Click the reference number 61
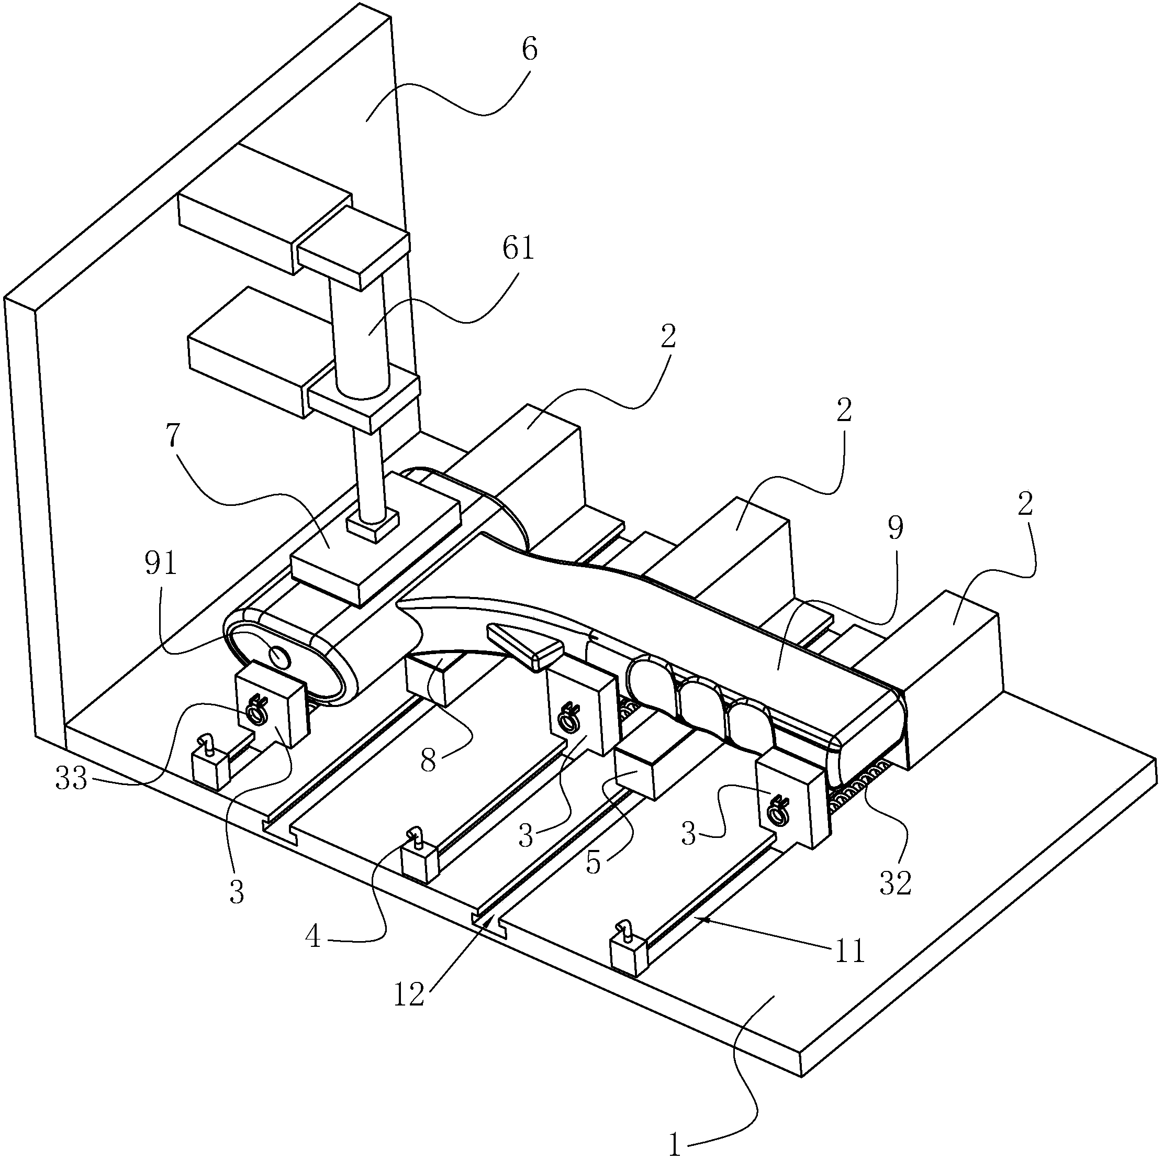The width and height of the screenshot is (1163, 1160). coord(518,248)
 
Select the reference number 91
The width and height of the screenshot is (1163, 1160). coord(161,565)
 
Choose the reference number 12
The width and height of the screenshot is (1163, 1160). coord(409,995)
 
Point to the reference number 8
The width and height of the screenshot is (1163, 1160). coord(428,761)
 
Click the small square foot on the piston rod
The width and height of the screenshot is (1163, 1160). coord(373,523)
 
